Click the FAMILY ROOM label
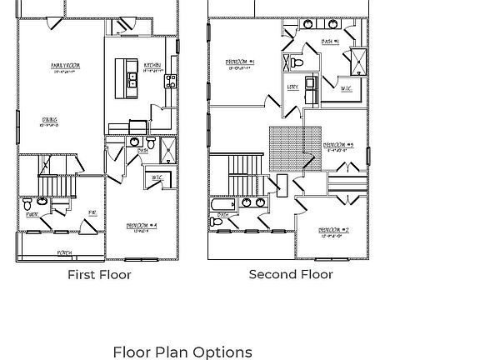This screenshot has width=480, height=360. coord(65,66)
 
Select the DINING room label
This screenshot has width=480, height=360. coord(50,121)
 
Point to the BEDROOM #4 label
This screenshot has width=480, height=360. coord(142,226)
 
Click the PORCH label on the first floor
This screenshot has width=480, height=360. coord(64,252)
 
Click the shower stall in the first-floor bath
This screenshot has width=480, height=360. coord(167,150)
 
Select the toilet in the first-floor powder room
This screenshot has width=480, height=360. coord(28,203)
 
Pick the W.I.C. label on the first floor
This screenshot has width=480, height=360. coord(157,178)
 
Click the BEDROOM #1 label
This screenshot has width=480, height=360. coord(240,62)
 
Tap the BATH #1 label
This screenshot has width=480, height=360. coord(331,42)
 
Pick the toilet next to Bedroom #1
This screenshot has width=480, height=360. coord(296,62)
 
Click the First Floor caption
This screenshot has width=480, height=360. coord(99,274)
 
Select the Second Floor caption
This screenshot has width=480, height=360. coord(291,274)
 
